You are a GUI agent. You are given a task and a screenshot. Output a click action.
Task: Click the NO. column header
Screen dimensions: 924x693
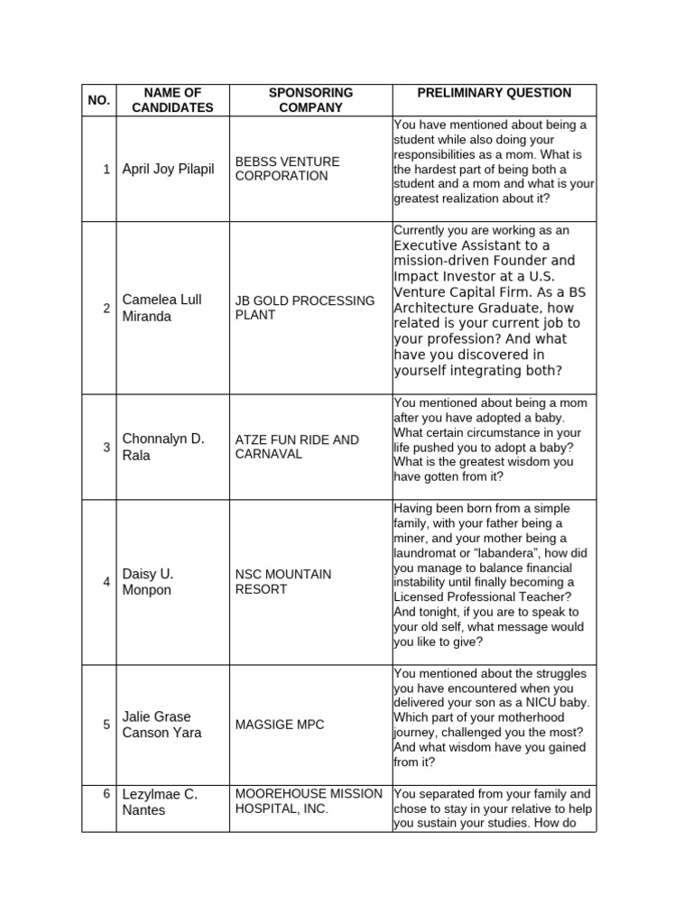pyautogui.click(x=99, y=100)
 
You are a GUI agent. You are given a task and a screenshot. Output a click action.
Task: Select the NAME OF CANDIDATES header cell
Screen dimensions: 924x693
pyautogui.click(x=172, y=100)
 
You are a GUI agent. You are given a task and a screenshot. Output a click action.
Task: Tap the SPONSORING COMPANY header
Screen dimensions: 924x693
pyautogui.click(x=310, y=100)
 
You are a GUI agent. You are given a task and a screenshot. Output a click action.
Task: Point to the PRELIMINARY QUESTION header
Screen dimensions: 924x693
pyautogui.click(x=494, y=93)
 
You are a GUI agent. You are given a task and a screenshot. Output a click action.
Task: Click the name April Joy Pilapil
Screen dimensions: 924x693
pyautogui.click(x=169, y=169)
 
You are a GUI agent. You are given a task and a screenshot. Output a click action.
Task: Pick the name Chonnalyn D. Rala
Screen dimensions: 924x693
pyautogui.click(x=163, y=447)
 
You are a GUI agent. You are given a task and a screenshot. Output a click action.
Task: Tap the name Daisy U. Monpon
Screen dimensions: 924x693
pyautogui.click(x=149, y=582)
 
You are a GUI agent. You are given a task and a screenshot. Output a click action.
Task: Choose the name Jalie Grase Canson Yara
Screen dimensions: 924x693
pyautogui.click(x=162, y=725)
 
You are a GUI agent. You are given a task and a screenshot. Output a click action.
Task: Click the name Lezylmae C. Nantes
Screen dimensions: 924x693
pyautogui.click(x=160, y=802)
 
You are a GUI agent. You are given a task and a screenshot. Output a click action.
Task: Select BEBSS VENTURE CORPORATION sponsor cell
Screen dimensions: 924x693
pyautogui.click(x=287, y=169)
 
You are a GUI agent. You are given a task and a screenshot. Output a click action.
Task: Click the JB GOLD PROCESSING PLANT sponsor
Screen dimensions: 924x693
pyautogui.click(x=304, y=308)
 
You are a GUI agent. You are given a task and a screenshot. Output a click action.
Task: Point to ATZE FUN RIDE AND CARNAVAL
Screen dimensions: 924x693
pyautogui.click(x=297, y=447)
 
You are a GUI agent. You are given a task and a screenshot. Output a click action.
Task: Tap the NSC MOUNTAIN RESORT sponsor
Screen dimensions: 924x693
pyautogui.click(x=283, y=582)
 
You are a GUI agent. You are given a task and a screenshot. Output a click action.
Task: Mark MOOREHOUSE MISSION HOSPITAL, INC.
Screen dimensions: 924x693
pyautogui.click(x=309, y=801)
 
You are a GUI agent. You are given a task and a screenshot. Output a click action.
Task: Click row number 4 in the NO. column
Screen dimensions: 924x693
pyautogui.click(x=106, y=582)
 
